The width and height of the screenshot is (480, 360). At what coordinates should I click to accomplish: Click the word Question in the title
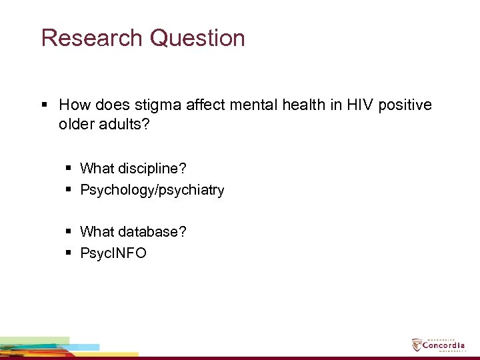[197, 38]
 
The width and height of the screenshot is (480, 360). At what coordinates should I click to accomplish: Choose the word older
[76, 125]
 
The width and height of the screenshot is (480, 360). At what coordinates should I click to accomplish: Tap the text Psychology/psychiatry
[152, 190]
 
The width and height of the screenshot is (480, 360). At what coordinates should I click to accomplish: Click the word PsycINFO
[113, 253]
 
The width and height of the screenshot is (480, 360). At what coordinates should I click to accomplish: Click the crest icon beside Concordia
[417, 345]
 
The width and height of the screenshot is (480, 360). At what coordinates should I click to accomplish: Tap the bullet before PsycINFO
[70, 253]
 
